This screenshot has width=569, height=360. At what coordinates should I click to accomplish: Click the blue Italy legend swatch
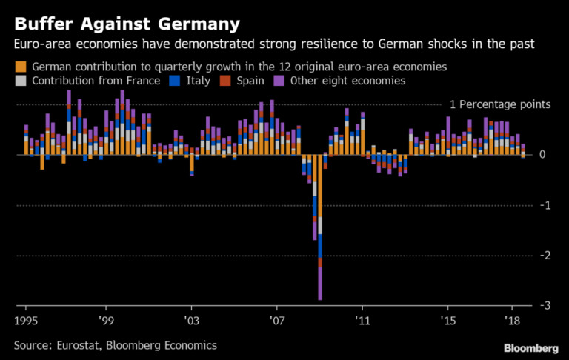(176, 81)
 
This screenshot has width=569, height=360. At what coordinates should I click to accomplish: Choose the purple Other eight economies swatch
(281, 81)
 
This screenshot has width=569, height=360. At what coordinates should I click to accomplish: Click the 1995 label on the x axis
(26, 321)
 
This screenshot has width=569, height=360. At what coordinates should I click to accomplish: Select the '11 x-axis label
(362, 321)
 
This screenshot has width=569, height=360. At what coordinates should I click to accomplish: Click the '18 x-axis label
(511, 321)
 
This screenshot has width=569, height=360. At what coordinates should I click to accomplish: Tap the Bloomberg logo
(531, 347)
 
